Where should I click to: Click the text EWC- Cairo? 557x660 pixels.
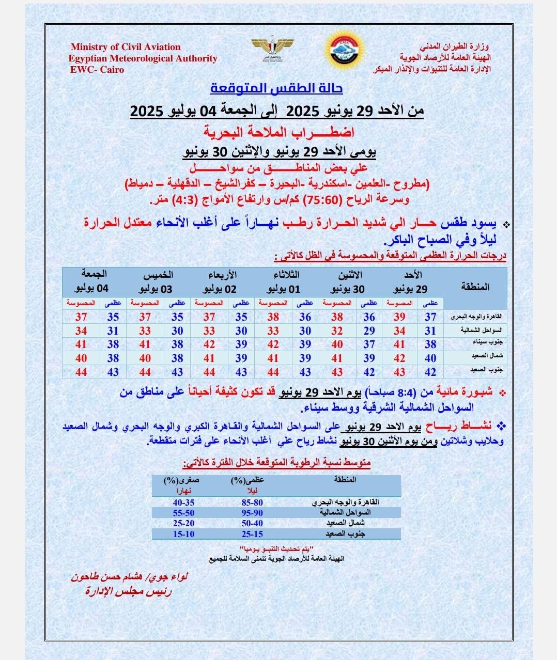(97, 70)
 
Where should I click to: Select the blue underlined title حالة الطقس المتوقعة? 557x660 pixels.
(276, 88)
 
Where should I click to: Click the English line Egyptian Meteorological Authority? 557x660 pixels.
(143, 58)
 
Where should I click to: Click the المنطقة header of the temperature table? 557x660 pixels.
(474, 287)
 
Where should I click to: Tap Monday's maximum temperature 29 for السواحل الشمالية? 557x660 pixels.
(369, 331)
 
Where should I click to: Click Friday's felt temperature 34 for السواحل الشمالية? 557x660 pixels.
(81, 331)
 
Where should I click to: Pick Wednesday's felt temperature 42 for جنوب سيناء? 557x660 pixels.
(209, 344)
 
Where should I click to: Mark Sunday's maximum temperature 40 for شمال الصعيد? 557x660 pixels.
(430, 358)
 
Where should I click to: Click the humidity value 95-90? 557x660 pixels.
(252, 512)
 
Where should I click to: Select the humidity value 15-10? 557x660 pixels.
(183, 534)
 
